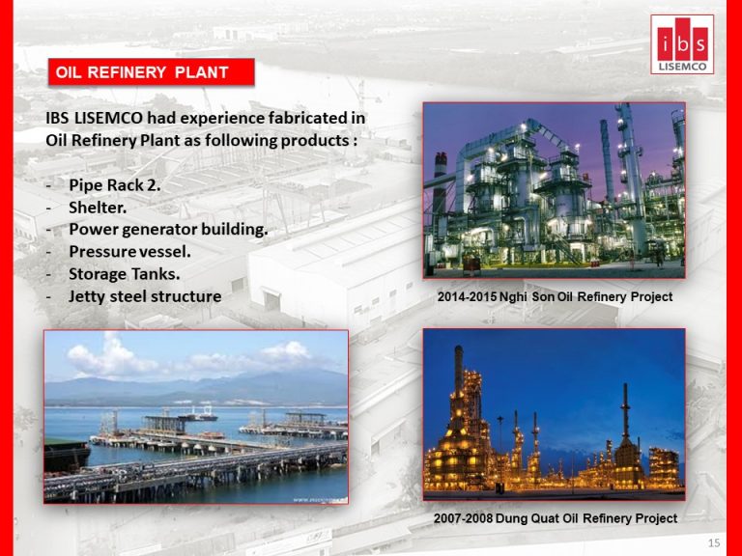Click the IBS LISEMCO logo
point(682,44)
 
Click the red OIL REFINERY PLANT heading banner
point(152,71)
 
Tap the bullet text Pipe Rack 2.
point(115,185)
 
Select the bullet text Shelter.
point(98,208)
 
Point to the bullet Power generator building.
point(168,230)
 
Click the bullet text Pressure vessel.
point(130,252)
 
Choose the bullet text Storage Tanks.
point(125,274)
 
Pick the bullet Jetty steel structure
point(145,296)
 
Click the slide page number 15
point(714,542)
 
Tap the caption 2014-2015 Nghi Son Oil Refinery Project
point(555,297)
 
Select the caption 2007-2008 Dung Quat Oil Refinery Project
point(556,518)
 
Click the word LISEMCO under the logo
point(682,67)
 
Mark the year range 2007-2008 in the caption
point(463,518)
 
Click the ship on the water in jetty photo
point(198,416)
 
